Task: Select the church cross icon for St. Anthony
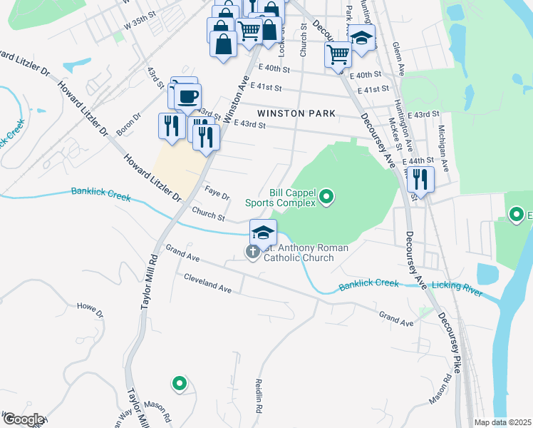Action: (252, 252)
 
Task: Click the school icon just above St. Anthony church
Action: (263, 232)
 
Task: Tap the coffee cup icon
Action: (187, 96)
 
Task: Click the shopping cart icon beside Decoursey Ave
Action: (338, 54)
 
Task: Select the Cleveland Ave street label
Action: (208, 283)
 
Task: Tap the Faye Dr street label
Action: (217, 194)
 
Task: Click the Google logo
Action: (23, 419)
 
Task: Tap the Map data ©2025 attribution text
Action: (502, 422)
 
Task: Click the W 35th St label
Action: (139, 22)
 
